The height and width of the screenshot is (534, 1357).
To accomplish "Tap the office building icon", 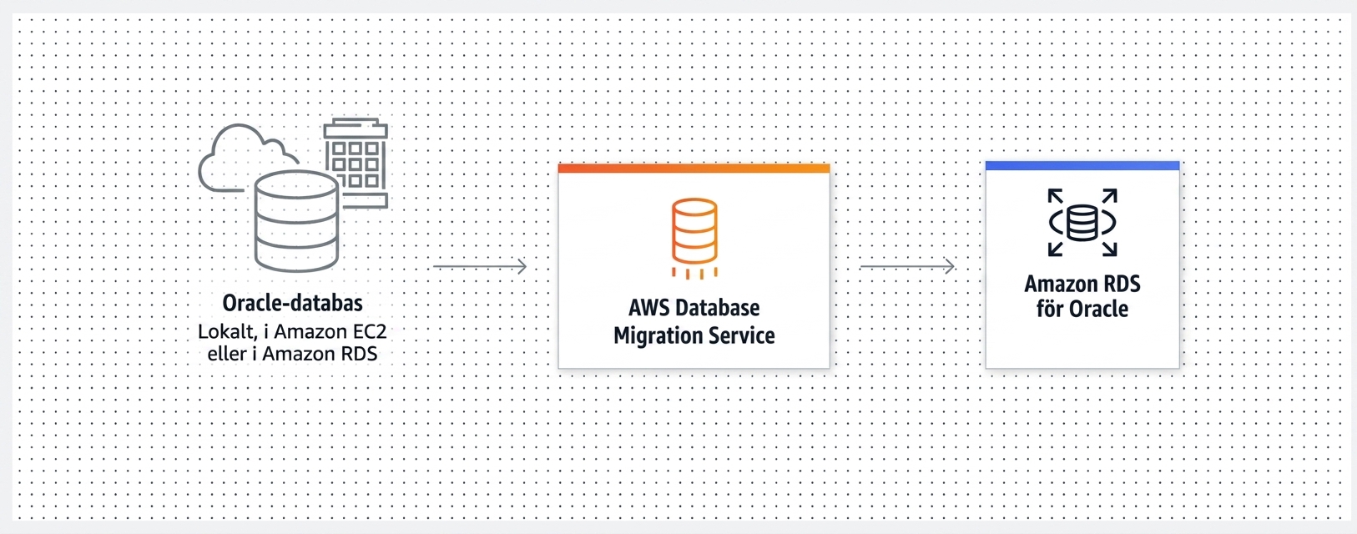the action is [x=356, y=163].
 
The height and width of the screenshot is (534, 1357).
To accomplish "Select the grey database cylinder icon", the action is [x=296, y=221].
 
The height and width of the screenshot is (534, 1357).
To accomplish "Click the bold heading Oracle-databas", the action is [x=293, y=303].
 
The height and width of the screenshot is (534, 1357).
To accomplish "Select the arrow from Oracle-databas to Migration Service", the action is [x=480, y=266].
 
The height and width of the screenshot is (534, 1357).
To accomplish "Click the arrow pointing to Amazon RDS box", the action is [x=907, y=266].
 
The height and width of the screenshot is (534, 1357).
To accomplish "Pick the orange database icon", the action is [x=694, y=238].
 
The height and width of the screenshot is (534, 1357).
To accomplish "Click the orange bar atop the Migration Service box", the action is [x=694, y=169].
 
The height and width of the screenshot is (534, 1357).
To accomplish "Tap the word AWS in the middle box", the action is [x=648, y=308].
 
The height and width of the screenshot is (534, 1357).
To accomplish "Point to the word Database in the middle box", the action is [x=717, y=308].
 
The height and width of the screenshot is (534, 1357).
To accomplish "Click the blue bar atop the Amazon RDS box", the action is [x=1082, y=166].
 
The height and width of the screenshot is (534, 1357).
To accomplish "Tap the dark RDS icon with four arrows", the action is [x=1082, y=222].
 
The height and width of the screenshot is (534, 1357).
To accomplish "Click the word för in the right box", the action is [x=1049, y=309].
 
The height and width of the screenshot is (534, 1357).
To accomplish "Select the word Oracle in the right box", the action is [x=1097, y=309].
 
